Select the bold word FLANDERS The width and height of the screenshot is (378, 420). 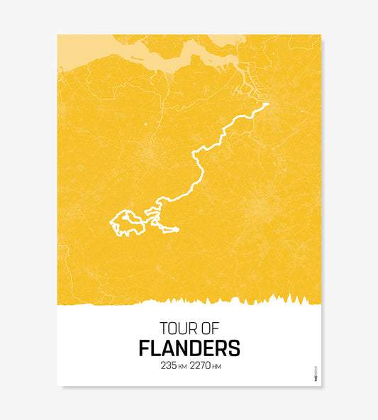(189, 349)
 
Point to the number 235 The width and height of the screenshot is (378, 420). (169, 366)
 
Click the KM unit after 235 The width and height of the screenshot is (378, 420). (182, 367)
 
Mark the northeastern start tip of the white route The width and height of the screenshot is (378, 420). (268, 104)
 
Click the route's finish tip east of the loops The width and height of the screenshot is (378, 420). (177, 229)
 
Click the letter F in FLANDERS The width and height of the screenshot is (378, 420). (144, 349)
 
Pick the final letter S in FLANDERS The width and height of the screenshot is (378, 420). (234, 349)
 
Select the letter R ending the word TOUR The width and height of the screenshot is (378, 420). (189, 328)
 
